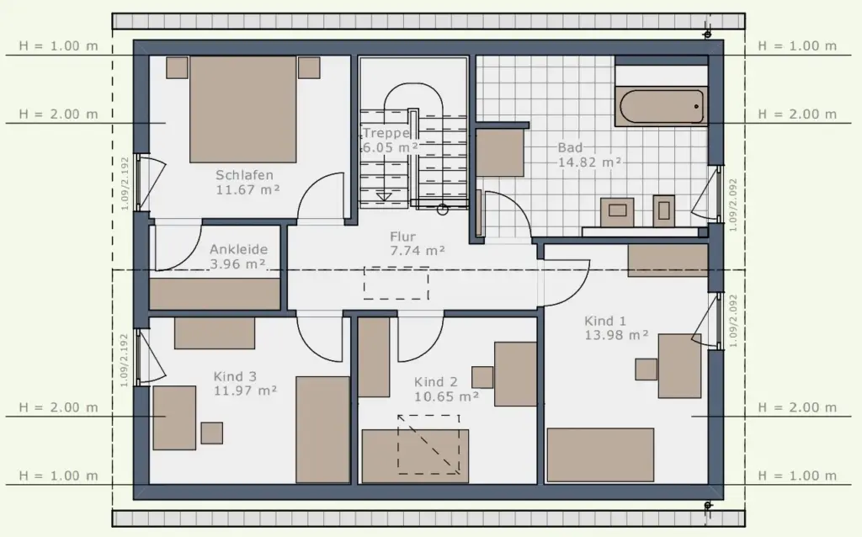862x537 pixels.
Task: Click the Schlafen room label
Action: click(x=244, y=175)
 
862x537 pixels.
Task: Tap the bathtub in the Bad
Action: click(x=662, y=107)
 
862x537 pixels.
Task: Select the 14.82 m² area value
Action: click(x=590, y=162)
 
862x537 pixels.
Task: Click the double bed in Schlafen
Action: click(x=243, y=109)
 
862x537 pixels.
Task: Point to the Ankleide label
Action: click(x=238, y=249)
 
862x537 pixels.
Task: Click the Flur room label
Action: click(x=402, y=237)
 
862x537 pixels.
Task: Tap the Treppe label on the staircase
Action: click(x=386, y=133)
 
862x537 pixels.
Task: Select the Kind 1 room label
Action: click(x=604, y=321)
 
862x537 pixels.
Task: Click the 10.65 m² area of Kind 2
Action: click(x=446, y=396)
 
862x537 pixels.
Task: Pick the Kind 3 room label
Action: click(x=235, y=376)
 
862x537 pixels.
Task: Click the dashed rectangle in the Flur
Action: click(x=396, y=283)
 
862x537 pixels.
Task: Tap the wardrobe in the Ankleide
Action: click(x=215, y=294)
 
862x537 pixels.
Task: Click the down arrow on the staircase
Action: click(x=384, y=196)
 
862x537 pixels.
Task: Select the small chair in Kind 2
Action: click(x=482, y=377)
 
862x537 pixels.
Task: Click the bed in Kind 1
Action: click(x=600, y=455)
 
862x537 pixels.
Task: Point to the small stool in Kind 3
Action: click(x=211, y=433)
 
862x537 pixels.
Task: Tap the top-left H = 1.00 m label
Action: click(x=58, y=45)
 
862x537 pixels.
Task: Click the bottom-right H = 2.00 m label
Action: click(x=797, y=407)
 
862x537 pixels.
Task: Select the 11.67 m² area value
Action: click(x=247, y=189)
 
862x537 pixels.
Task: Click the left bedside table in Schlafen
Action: click(x=177, y=67)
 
